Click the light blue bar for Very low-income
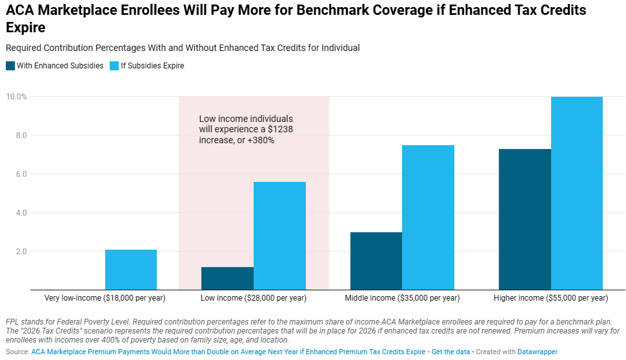[131, 270]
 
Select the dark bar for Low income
[227, 278]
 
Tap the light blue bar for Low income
[279, 235]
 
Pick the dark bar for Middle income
[376, 261]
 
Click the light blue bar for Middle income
[428, 217]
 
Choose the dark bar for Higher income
[525, 219]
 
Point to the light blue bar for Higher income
[577, 193]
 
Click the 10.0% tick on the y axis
[15, 97]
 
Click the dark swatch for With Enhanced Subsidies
[10, 66]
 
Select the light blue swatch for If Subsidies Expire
[114, 66]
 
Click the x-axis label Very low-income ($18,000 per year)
[105, 298]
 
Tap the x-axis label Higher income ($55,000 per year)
[550, 298]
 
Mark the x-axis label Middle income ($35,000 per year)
[402, 298]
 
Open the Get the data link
[450, 352]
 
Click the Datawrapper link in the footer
[537, 352]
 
